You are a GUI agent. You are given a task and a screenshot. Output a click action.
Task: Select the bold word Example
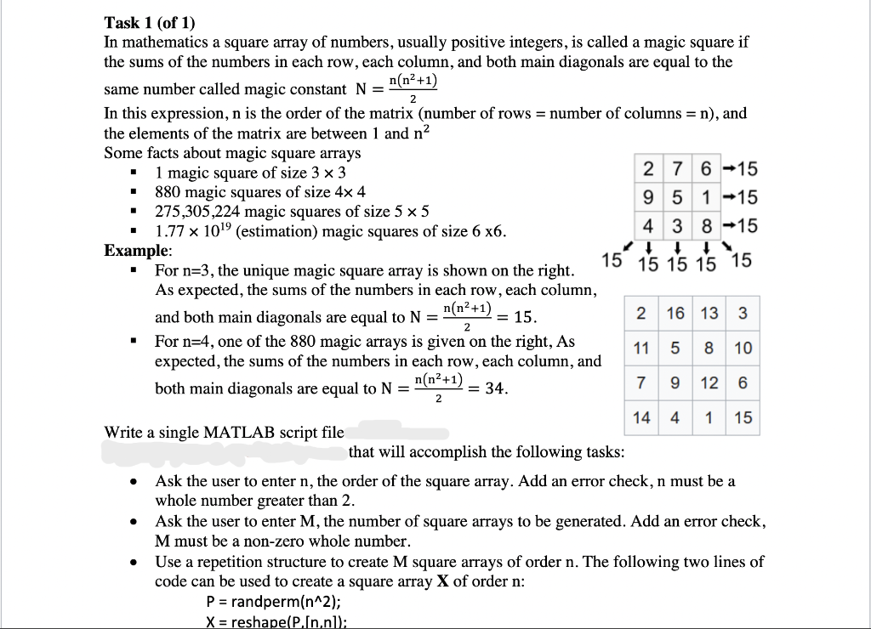point(136,251)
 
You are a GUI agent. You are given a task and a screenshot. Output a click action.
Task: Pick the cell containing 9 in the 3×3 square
point(649,197)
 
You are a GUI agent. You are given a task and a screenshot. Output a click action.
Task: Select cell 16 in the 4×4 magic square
point(675,313)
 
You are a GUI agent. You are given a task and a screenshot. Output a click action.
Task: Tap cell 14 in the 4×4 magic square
point(642,417)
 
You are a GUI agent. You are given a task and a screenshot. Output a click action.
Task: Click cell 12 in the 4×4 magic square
point(709,382)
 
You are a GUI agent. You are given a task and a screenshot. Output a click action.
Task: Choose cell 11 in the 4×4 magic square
point(642,348)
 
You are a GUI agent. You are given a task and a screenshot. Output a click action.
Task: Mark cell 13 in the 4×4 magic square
point(709,313)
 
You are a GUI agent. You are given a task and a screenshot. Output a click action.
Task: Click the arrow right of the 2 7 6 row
point(725,168)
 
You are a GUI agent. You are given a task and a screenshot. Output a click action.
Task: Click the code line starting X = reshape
point(276,620)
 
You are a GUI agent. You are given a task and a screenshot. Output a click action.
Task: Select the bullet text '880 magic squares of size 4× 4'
point(259,192)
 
